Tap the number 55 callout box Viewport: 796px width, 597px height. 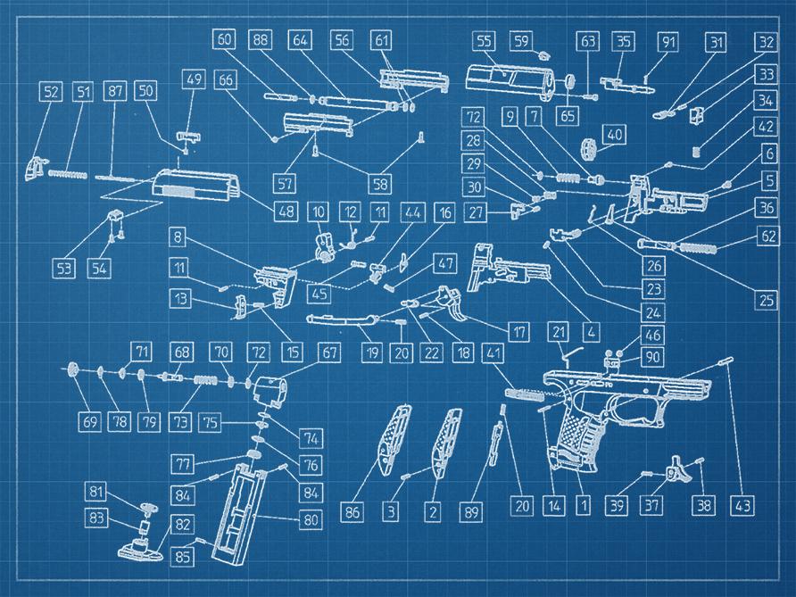484,41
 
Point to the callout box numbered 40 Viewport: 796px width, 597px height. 614,134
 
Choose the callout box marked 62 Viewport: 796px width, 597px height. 767,237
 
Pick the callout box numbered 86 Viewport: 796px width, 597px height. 353,512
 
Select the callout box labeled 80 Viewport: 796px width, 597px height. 311,518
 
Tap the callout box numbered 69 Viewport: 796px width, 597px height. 89,421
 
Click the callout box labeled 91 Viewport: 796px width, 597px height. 667,41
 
